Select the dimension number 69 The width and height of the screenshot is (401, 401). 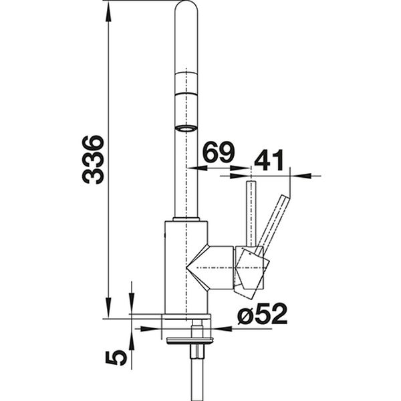click(219, 152)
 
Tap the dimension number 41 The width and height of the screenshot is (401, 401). click(269, 160)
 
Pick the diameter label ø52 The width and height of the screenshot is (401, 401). click(263, 313)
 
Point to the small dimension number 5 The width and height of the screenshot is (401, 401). click(116, 358)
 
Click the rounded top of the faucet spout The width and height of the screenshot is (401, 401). click(186, 7)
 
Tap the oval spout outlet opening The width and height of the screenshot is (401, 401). click(186, 128)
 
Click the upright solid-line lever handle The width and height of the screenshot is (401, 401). click(251, 214)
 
